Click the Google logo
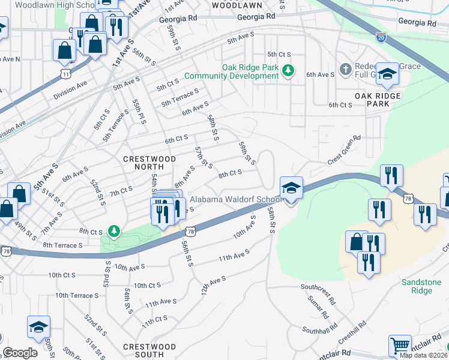[20, 353]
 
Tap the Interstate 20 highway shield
[382, 37]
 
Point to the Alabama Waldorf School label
[235, 200]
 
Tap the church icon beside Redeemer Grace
[345, 70]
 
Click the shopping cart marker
[400, 346]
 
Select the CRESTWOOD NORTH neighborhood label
[149, 159]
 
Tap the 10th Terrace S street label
[77, 296]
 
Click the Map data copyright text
[424, 355]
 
